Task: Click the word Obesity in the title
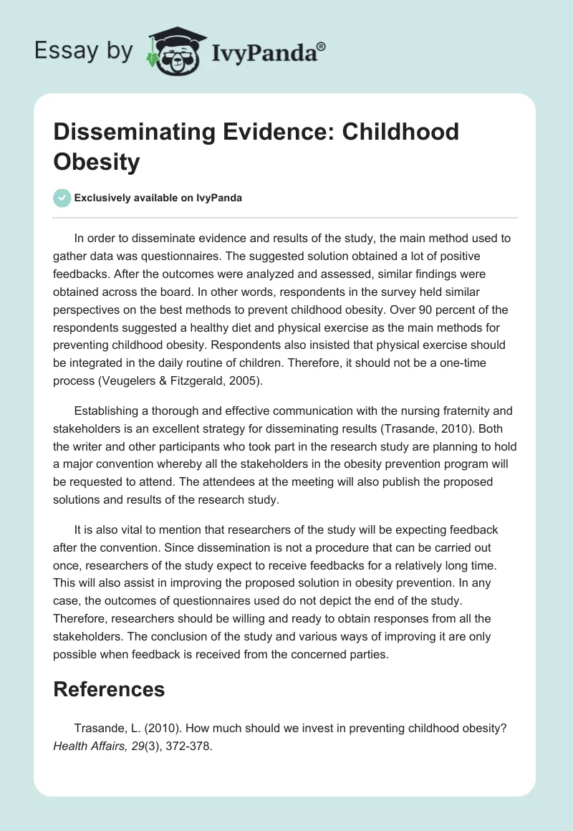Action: pyautogui.click(x=97, y=161)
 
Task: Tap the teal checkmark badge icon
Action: pyautogui.click(x=62, y=198)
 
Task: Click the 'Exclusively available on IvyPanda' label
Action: pyautogui.click(x=158, y=198)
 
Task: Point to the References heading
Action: pyautogui.click(x=110, y=689)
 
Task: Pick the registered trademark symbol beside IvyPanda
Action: pyautogui.click(x=322, y=46)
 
